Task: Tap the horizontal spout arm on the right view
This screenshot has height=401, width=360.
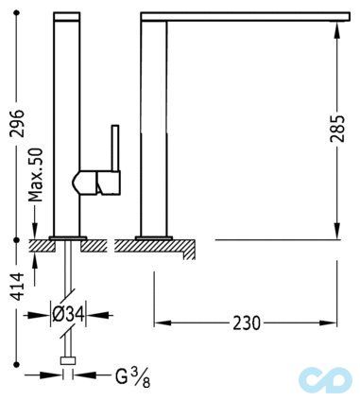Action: point(246,18)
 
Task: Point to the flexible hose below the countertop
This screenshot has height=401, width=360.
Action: point(67,284)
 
